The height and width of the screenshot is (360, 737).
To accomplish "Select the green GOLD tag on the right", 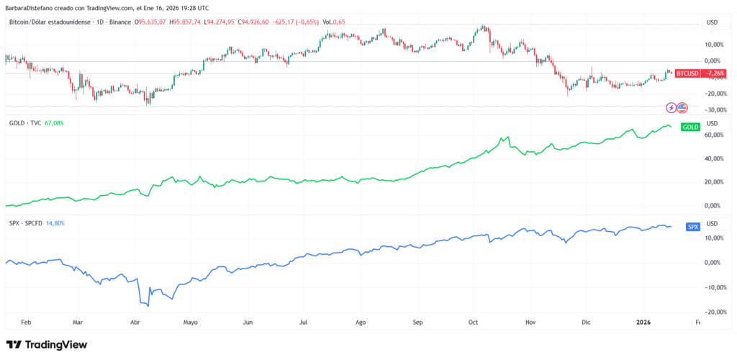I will click(x=689, y=127).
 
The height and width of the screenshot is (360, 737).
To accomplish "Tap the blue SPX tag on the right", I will click(x=692, y=227).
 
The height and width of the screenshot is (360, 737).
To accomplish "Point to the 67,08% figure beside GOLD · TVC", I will click(x=54, y=123).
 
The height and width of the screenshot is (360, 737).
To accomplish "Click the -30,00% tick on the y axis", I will click(x=715, y=110).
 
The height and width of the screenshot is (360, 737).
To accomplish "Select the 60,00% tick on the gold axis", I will click(x=714, y=135).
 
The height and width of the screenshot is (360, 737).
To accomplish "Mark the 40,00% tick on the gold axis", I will click(x=714, y=158).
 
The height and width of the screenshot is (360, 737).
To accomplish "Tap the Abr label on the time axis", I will click(x=135, y=324).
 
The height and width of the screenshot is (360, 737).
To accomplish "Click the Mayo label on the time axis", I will click(x=190, y=324).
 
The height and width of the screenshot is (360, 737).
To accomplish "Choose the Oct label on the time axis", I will click(x=473, y=324).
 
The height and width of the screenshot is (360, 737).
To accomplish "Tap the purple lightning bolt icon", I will click(x=672, y=108).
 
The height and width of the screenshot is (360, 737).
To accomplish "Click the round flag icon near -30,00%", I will click(x=682, y=108).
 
